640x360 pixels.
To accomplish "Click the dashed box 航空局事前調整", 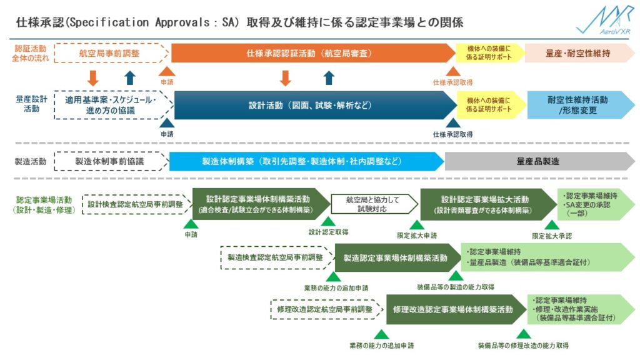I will point(109,53).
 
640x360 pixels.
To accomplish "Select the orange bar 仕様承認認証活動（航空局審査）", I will point(309,53).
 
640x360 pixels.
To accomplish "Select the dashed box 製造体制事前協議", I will point(109,161).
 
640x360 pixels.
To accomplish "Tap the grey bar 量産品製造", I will point(537,161).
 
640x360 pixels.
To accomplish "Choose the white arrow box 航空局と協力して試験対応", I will point(374,204).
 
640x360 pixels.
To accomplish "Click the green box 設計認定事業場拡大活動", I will point(485,204).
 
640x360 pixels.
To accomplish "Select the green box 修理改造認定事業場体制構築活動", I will point(453,309).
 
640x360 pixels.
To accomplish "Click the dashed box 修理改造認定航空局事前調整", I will point(324,309).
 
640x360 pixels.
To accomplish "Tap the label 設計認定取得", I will point(328,232).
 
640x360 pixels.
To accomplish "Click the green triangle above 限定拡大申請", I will point(417,225).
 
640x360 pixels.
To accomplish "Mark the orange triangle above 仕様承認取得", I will point(453,71).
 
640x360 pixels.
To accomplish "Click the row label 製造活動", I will point(31,161).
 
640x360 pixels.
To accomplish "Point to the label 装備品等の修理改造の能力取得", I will point(523,345).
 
